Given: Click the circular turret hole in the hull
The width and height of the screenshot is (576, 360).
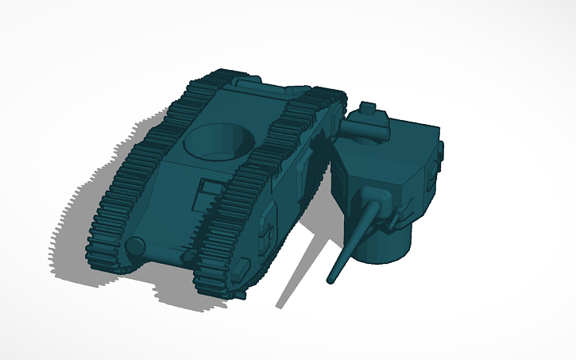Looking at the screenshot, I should click(219, 140).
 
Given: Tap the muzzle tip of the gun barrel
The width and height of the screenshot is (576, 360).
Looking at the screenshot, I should click(331, 280).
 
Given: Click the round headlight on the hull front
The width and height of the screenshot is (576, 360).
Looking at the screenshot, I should click(136, 246).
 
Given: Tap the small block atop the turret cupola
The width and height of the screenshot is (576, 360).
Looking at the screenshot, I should click(368, 107).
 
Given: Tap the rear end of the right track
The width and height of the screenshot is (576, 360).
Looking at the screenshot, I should click(329, 99).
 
